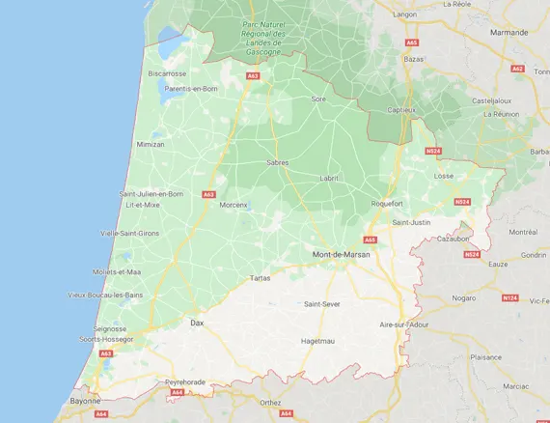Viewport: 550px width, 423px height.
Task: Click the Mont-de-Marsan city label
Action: (342, 254)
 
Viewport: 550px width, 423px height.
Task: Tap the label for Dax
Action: (197, 323)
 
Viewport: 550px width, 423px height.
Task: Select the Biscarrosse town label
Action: (167, 72)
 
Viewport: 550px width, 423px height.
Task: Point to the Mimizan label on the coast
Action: (151, 144)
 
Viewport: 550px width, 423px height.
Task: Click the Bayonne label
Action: (85, 399)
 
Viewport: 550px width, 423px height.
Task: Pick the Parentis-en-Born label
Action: (190, 88)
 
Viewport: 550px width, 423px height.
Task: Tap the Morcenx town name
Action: (234, 205)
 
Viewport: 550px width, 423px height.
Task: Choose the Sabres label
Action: (277, 163)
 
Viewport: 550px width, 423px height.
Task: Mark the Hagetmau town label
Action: (317, 340)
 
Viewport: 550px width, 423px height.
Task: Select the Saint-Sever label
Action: (322, 304)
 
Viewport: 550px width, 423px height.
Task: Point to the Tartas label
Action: (261, 277)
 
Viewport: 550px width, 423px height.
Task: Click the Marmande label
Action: (510, 32)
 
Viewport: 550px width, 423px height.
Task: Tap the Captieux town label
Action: (400, 109)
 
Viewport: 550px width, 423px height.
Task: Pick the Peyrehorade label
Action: (185, 381)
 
